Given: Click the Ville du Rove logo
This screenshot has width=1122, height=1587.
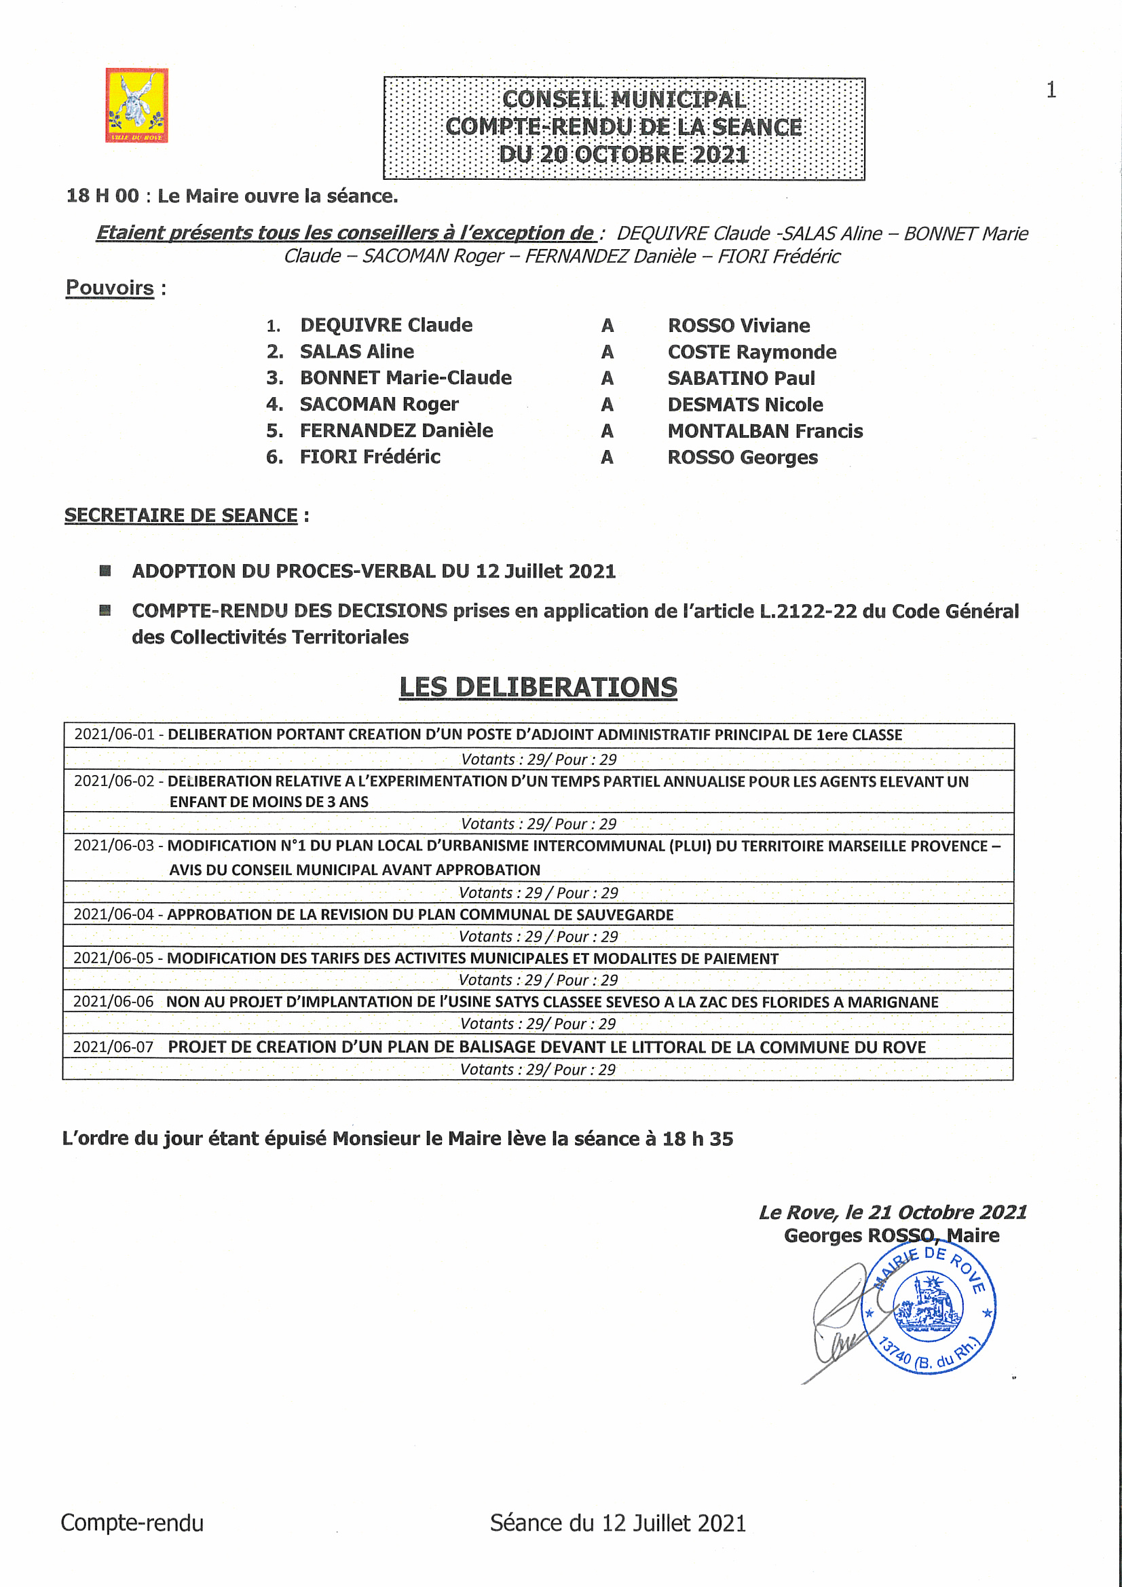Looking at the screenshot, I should click(136, 105).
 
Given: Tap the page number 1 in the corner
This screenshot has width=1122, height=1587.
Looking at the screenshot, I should click(1051, 90).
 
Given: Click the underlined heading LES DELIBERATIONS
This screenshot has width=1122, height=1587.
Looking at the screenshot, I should click(538, 687).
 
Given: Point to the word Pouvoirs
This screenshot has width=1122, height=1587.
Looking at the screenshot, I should click(109, 288).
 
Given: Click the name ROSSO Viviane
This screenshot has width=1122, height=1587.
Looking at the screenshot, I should click(738, 326).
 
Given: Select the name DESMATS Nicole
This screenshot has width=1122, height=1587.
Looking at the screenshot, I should click(745, 405).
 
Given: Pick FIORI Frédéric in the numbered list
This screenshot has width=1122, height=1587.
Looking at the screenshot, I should click(370, 457).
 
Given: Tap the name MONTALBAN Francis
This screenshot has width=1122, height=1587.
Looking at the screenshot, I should click(764, 431).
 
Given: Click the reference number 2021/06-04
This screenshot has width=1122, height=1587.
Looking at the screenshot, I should click(113, 914).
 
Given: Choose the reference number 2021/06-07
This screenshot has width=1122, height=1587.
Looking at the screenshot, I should click(113, 1047).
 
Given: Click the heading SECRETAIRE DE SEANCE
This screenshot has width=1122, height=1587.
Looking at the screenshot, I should click(181, 516).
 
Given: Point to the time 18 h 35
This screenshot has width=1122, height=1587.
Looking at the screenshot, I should click(698, 1138).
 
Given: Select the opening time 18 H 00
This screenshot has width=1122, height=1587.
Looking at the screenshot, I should click(102, 195).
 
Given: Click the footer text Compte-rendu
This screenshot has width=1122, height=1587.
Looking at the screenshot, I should click(132, 1523).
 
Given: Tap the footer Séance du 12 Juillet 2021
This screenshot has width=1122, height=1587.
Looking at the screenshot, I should click(618, 1523).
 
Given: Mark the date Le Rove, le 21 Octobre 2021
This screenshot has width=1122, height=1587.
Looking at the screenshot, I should click(893, 1212).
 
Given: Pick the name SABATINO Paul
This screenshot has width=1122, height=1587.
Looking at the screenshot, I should click(741, 378).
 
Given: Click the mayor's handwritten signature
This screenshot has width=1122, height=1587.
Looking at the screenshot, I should click(838, 1320).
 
